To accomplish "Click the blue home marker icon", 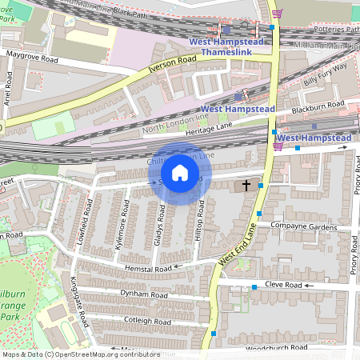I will point(180,173).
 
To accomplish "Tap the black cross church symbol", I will point(246,186).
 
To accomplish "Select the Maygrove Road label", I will point(32,57).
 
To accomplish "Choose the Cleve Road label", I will point(283,285).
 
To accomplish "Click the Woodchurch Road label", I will point(277,349).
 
